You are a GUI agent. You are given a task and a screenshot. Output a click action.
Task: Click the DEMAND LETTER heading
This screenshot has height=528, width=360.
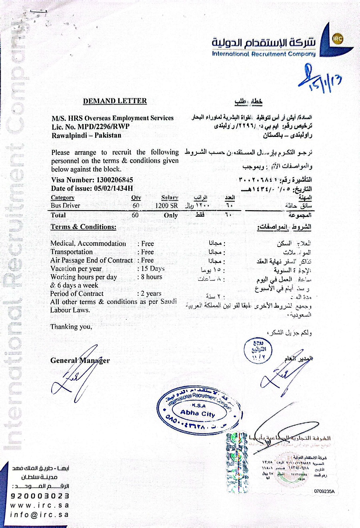click(x=115, y=101)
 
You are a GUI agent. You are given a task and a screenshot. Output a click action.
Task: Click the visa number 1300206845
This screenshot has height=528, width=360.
click(x=114, y=180)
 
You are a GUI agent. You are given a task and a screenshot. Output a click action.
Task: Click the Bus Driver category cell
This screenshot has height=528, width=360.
click(x=65, y=205)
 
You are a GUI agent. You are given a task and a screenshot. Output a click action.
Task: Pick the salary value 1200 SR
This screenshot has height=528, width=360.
click(x=166, y=205)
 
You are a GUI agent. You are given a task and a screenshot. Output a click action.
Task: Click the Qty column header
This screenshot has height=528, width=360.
click(x=136, y=197)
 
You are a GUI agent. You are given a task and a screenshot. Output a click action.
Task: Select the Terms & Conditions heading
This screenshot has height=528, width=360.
click(x=83, y=227)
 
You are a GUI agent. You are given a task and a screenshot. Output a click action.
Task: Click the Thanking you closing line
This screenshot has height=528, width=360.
click(x=71, y=327)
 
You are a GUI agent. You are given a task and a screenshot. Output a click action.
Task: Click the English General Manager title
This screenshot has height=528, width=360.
click(x=80, y=360)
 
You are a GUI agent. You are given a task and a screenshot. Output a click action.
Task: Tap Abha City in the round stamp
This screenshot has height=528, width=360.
click(x=197, y=413)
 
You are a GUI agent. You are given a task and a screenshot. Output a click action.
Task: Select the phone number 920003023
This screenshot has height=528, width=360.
click(x=40, y=496)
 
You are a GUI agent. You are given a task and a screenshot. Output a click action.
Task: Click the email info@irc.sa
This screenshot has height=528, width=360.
click(x=40, y=515)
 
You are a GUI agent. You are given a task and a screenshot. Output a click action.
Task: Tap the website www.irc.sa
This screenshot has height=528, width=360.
click(x=40, y=506)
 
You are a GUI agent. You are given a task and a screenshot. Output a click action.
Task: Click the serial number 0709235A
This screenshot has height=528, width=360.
click(x=324, y=491)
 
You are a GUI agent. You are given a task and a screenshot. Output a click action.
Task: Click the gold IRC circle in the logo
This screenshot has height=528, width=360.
click(x=337, y=39)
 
